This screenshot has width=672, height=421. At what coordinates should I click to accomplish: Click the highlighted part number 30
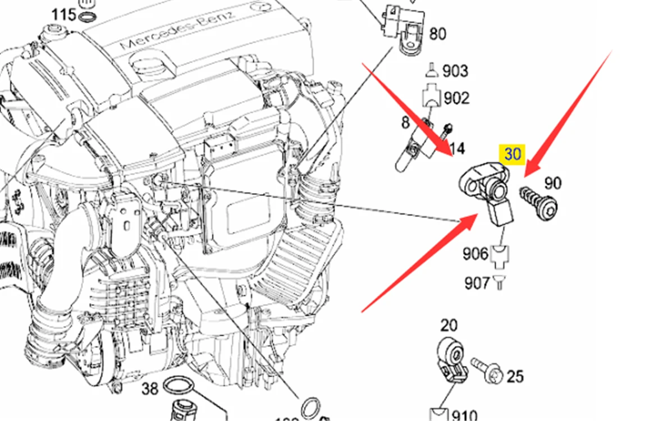(513, 154)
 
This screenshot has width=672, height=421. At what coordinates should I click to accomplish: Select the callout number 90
(553, 184)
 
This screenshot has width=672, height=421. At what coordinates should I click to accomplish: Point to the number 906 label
(475, 254)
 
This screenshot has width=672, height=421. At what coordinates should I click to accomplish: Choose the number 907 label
(477, 283)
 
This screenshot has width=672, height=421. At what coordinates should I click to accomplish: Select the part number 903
(455, 71)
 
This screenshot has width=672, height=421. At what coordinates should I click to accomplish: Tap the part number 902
(456, 98)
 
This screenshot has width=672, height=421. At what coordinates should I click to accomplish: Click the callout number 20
(449, 325)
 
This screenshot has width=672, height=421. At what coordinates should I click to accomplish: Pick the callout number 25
(515, 376)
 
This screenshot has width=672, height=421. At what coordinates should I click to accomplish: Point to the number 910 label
(464, 416)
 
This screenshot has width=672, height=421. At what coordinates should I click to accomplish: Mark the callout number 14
(457, 149)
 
